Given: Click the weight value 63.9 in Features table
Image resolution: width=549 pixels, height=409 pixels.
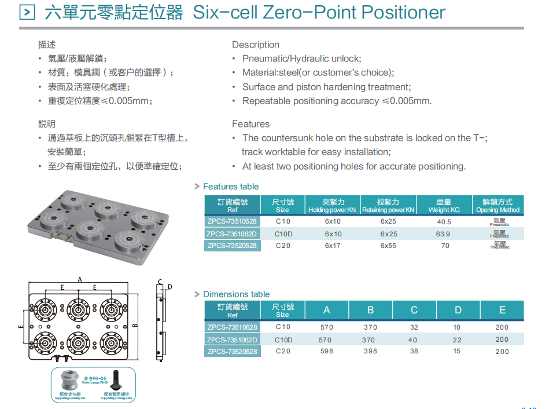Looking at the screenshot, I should click(x=443, y=234).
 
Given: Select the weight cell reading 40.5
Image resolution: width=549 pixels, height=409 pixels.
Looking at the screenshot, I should click(x=444, y=221).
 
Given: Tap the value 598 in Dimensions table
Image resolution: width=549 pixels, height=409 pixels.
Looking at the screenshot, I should click(x=326, y=351).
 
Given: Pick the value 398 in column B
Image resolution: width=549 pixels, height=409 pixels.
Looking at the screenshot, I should click(x=370, y=351).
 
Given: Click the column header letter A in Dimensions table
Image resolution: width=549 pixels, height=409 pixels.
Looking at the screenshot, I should click(x=326, y=310).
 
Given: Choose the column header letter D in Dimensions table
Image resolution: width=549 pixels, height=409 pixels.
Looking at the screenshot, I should click(x=458, y=310).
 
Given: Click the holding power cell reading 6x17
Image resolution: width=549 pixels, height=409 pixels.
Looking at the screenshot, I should click(x=333, y=246).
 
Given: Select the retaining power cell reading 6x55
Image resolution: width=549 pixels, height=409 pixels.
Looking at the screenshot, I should click(x=388, y=246).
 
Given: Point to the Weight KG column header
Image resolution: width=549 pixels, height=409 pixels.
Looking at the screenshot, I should click(x=444, y=206).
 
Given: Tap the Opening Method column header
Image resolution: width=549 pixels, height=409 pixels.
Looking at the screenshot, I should click(x=498, y=206).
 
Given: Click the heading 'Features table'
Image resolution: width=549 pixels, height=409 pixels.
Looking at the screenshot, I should click(x=230, y=187).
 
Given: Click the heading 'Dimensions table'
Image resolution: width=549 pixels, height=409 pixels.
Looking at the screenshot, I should click(x=236, y=294).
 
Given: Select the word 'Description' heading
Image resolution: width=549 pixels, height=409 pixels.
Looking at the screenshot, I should click(x=256, y=45).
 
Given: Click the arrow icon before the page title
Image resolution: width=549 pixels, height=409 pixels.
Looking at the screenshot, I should click(x=28, y=12).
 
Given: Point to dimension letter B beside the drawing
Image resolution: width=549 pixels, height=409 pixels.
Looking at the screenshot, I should click(x=135, y=326).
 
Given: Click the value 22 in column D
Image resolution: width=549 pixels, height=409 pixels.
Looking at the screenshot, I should click(x=458, y=339).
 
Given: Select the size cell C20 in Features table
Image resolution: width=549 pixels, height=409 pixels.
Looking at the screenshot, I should click(x=283, y=246).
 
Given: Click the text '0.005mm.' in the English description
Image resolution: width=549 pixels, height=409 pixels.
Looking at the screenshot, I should click(x=415, y=101).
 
